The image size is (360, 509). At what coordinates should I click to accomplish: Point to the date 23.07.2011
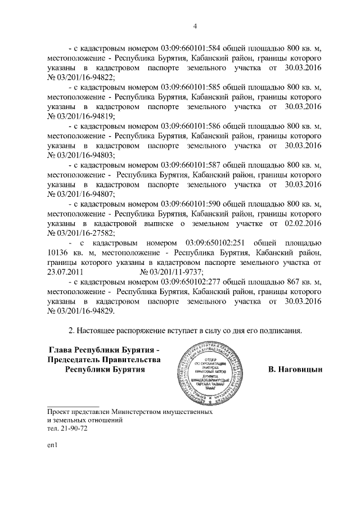65,272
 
